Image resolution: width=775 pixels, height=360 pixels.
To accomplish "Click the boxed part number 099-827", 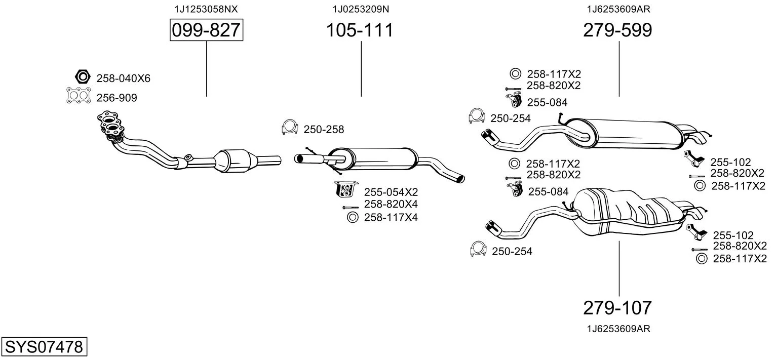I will [206, 30].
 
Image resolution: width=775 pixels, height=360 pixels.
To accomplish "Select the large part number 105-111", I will [359, 30].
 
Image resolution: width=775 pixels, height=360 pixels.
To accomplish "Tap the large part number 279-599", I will [617, 30].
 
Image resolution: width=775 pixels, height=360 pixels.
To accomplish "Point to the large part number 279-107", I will [617, 307].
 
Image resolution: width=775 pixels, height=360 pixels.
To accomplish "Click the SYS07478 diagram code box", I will [44, 347].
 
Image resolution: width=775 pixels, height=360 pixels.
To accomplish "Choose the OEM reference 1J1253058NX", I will [206, 9].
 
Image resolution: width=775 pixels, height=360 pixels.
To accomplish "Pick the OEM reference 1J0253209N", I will [361, 9].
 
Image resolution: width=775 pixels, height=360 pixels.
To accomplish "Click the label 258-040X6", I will [123, 78].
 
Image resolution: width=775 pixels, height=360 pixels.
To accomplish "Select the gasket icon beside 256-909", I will [79, 96].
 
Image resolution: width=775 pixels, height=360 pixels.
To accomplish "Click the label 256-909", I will [117, 98].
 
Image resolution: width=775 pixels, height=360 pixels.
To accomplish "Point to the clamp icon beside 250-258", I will [289, 128].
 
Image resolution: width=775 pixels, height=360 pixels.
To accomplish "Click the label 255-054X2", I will [391, 192].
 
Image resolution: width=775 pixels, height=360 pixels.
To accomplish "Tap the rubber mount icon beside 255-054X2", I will [346, 189].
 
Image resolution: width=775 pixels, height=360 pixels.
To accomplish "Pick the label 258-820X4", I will [391, 204].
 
